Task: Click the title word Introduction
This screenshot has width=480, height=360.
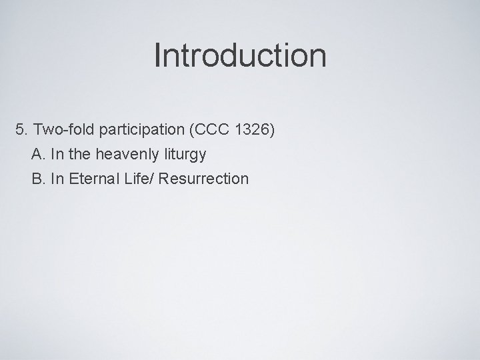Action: point(240,55)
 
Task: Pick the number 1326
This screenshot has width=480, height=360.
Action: point(248,129)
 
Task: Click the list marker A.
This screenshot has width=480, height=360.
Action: point(37,154)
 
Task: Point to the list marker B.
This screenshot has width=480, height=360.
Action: point(37,179)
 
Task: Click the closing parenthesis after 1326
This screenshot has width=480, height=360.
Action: point(271,129)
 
